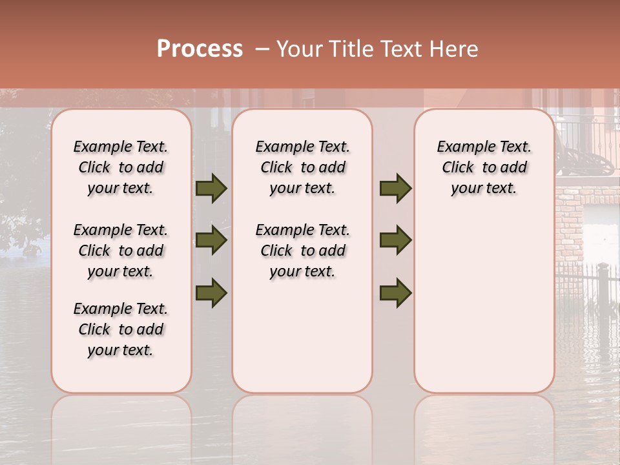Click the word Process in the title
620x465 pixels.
click(x=200, y=48)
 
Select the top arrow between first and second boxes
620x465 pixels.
click(x=211, y=189)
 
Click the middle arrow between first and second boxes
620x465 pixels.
click(x=211, y=241)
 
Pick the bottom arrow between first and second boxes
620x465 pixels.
click(x=211, y=293)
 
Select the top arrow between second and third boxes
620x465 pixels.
click(x=395, y=189)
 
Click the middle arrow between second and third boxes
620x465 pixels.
click(x=395, y=241)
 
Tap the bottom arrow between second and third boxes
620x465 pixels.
click(x=395, y=293)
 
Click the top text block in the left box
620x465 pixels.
click(x=121, y=167)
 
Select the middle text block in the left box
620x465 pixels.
click(x=121, y=251)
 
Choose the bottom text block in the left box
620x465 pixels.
click(x=121, y=329)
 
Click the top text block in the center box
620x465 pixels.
click(x=303, y=167)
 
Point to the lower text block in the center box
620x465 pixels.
click(x=303, y=251)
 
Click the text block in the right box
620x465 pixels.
click(x=484, y=167)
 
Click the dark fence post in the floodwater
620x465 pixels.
click(x=603, y=291)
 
